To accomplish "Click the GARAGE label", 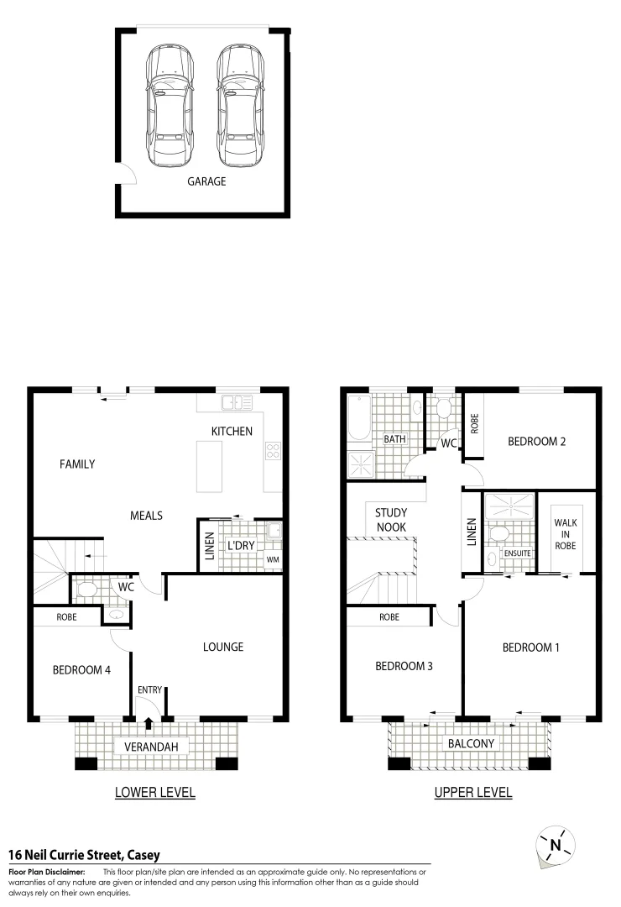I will pos(206,181).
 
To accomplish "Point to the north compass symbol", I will pos(554,843).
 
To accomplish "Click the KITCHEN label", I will pos(232,431).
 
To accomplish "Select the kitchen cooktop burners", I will pos(273,451).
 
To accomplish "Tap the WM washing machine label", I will pos(272,559).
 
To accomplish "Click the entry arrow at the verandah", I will pos(149,722).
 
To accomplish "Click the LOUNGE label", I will pos(223,647).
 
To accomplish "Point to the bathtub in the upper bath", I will pos(358,417).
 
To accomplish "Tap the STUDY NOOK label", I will pos(391,519).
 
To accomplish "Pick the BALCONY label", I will pos(470,743).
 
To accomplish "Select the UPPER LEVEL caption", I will pos(472,792).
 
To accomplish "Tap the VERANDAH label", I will pos(152,746).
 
